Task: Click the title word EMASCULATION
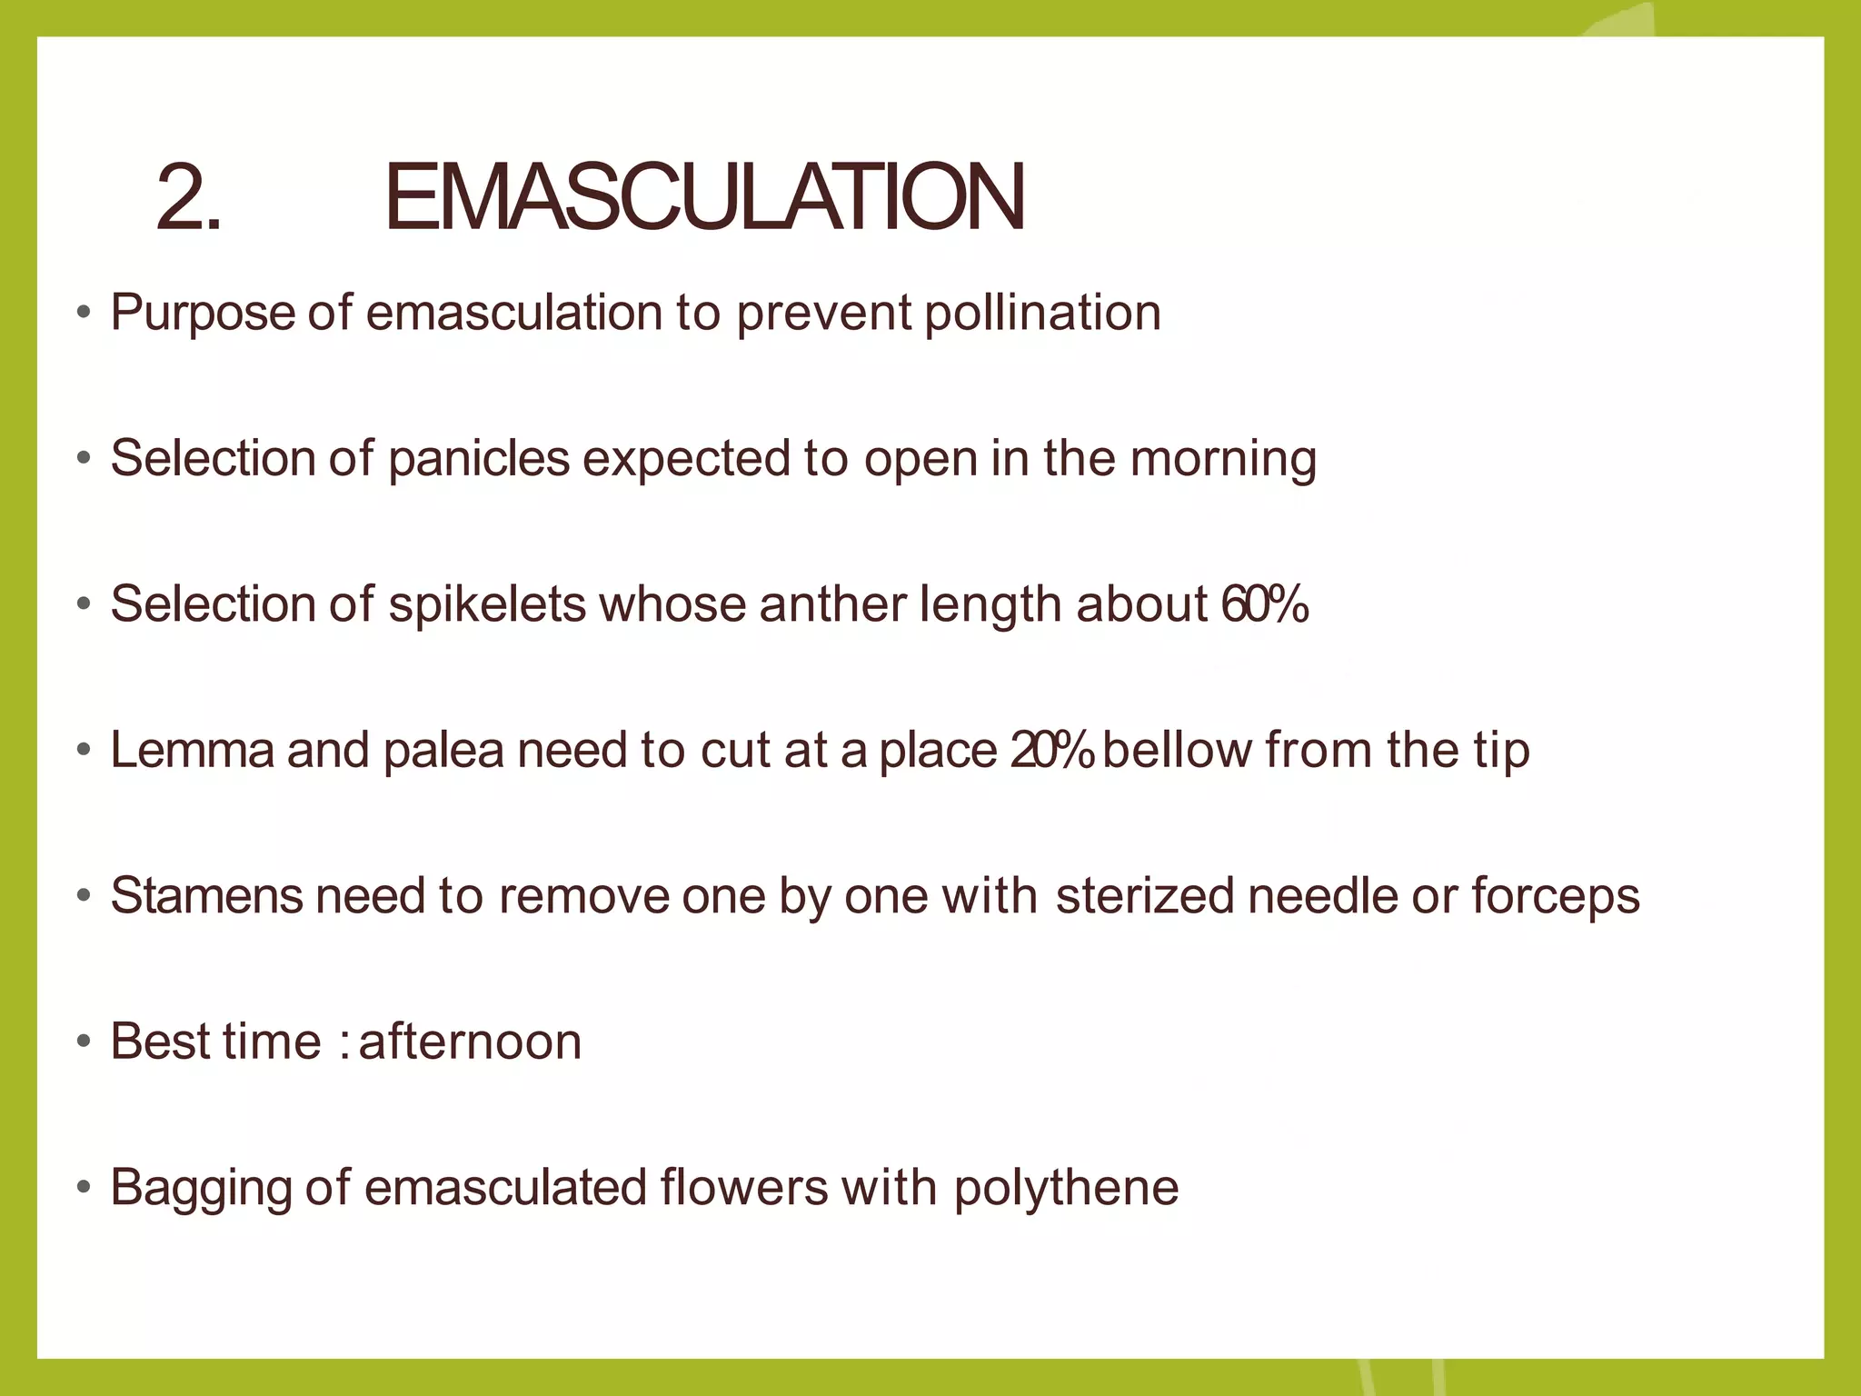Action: (x=704, y=197)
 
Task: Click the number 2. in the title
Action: (x=188, y=197)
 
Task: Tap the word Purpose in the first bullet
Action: (x=201, y=314)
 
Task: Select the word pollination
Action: (x=1042, y=313)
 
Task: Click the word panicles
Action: (x=479, y=458)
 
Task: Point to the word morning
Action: (x=1223, y=460)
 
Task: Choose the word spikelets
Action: (x=487, y=605)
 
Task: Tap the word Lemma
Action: (x=192, y=750)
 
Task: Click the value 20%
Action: (x=1051, y=750)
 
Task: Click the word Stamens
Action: (x=206, y=895)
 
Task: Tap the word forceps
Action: (x=1556, y=897)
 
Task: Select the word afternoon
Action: (x=470, y=1042)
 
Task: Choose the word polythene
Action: (x=1066, y=1189)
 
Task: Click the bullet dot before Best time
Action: (x=85, y=1042)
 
